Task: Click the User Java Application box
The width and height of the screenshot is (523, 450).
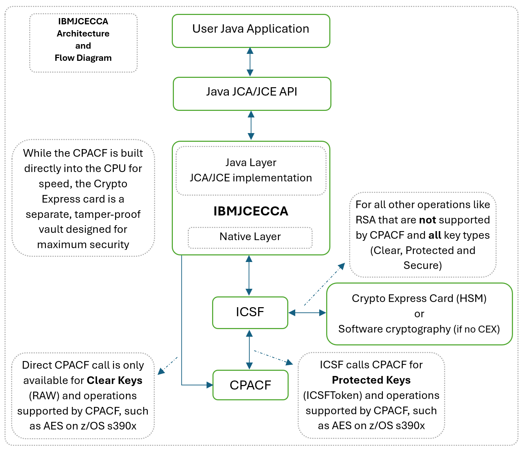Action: [251, 31]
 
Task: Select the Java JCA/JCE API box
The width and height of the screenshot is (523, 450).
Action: [252, 93]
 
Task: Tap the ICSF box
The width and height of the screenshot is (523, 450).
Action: [250, 312]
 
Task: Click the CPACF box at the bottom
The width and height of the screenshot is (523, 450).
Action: [250, 385]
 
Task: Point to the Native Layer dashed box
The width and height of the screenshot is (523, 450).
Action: [250, 237]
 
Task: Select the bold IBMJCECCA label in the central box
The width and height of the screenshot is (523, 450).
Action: [251, 211]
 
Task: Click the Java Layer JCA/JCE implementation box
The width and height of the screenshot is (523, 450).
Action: [251, 171]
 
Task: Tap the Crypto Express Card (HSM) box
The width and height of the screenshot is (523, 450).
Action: [419, 314]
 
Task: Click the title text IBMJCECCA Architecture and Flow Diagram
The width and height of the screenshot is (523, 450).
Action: [83, 40]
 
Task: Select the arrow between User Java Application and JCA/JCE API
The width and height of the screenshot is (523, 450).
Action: [250, 62]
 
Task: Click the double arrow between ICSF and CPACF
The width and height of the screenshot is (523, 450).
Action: [249, 349]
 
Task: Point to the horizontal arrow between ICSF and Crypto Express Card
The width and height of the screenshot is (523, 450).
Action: [307, 313]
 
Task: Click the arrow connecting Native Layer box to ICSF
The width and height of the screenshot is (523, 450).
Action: [249, 275]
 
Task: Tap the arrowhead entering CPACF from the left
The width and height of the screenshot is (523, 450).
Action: [209, 385]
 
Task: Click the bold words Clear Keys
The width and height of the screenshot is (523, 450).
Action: [114, 381]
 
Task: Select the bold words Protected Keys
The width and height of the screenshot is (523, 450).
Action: [371, 380]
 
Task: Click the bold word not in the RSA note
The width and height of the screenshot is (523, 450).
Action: [427, 220]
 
